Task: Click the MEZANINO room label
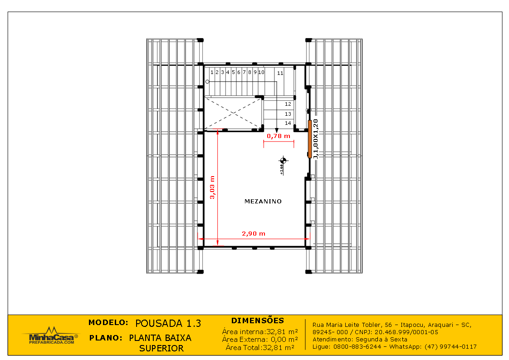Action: click(x=263, y=201)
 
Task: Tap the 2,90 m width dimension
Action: click(x=253, y=234)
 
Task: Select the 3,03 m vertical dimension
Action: click(x=212, y=187)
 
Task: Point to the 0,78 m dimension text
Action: click(x=279, y=136)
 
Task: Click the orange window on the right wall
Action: click(x=310, y=138)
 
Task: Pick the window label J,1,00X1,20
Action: click(x=316, y=138)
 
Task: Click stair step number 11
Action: click(x=280, y=73)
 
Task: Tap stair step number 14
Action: click(x=288, y=123)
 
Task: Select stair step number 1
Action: click(x=211, y=72)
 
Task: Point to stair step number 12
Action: click(x=288, y=104)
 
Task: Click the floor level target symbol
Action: click(x=284, y=160)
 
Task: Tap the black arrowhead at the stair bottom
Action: click(x=277, y=131)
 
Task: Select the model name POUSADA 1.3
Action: click(x=168, y=323)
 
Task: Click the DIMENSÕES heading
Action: click(x=257, y=321)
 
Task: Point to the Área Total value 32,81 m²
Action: click(x=278, y=347)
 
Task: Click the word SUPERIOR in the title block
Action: click(x=161, y=348)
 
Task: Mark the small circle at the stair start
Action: click(x=207, y=82)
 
